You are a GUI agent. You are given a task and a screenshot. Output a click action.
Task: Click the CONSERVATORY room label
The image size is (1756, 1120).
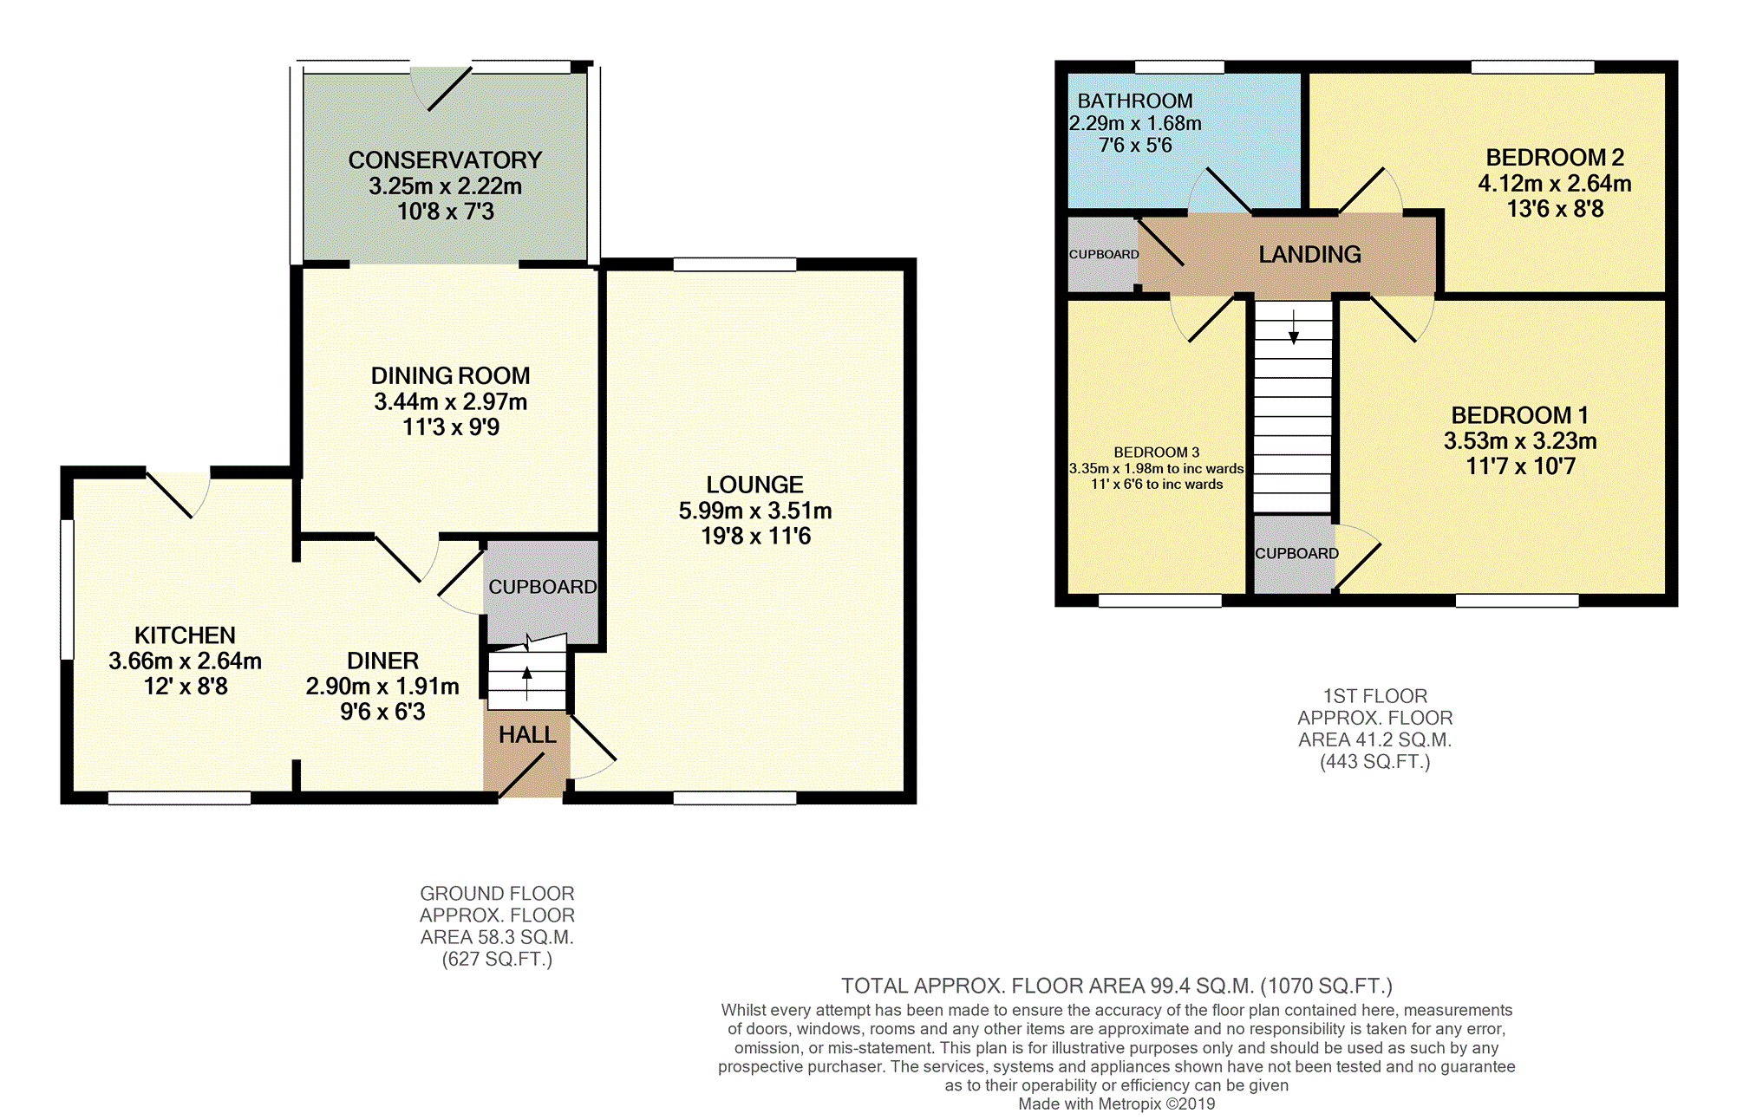[445, 160]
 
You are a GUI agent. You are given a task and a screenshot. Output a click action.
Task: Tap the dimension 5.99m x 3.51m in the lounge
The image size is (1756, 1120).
[755, 511]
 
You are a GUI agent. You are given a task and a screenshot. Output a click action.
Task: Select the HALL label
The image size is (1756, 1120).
[527, 735]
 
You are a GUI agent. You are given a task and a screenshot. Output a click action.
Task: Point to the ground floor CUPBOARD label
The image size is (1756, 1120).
[543, 587]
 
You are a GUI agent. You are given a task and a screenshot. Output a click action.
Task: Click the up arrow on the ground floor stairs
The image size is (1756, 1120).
[527, 683]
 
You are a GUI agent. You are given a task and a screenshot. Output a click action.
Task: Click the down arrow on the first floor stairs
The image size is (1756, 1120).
[1294, 327]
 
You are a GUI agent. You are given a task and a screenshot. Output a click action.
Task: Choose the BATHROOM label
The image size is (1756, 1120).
[1135, 101]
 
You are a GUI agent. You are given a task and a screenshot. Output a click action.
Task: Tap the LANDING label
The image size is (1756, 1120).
[1309, 255]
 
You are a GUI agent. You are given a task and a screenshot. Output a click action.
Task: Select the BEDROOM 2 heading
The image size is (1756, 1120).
[1555, 158]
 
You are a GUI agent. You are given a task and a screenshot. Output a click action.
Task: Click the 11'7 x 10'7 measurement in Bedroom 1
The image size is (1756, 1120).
[1520, 466]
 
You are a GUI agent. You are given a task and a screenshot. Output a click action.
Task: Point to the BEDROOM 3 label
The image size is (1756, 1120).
[1157, 453]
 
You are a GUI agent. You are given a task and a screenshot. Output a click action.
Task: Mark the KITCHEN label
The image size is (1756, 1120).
[185, 635]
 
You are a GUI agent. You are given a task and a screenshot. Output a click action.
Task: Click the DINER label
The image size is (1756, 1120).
[382, 661]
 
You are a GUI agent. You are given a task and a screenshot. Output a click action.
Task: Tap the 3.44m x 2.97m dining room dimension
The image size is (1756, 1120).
[451, 401]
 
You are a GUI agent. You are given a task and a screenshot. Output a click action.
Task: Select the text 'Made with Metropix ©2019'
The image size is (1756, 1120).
[1117, 1104]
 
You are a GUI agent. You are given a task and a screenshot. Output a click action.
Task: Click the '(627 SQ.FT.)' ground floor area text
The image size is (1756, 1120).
[497, 959]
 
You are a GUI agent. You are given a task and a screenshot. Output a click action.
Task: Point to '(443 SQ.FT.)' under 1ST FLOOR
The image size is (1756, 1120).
[1375, 762]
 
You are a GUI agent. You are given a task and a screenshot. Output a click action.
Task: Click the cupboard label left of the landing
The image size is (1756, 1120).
[1104, 254]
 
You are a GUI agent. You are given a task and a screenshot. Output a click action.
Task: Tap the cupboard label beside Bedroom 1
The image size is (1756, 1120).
[1296, 553]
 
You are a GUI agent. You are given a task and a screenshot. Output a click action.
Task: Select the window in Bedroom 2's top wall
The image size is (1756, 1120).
[1533, 67]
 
